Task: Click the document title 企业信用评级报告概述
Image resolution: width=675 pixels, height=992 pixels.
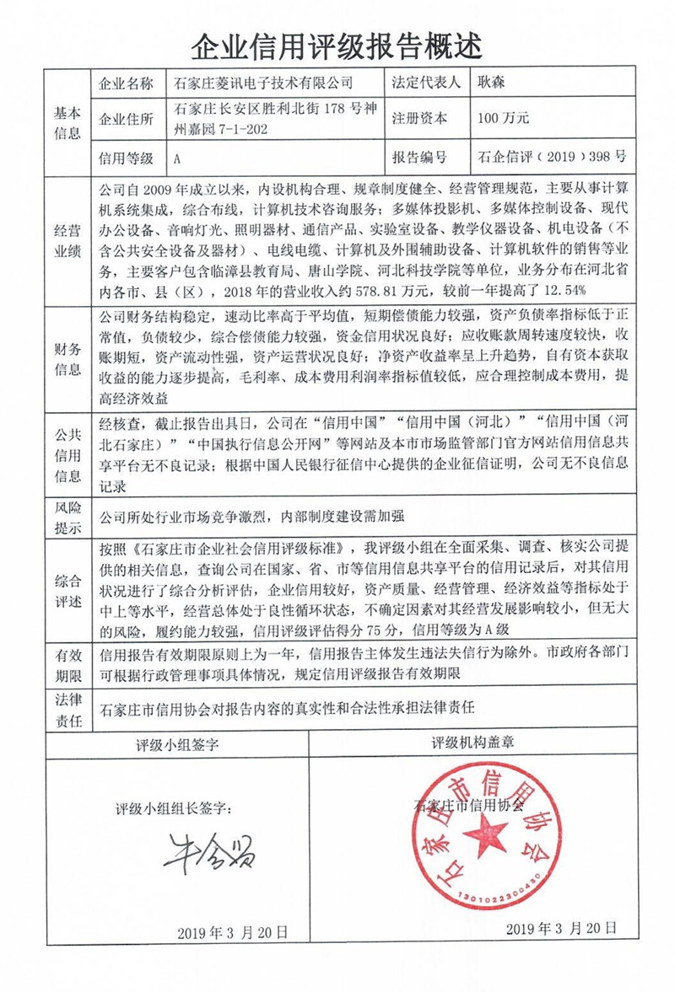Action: coord(337,43)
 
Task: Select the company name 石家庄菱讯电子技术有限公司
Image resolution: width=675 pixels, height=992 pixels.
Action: coord(265,83)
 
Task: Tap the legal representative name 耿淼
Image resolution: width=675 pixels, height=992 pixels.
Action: coord(496,83)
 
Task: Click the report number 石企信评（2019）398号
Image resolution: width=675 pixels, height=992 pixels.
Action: coord(552,157)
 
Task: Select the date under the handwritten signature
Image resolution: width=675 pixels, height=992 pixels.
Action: coord(233,931)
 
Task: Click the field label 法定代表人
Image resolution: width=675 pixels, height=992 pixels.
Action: coord(427,83)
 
